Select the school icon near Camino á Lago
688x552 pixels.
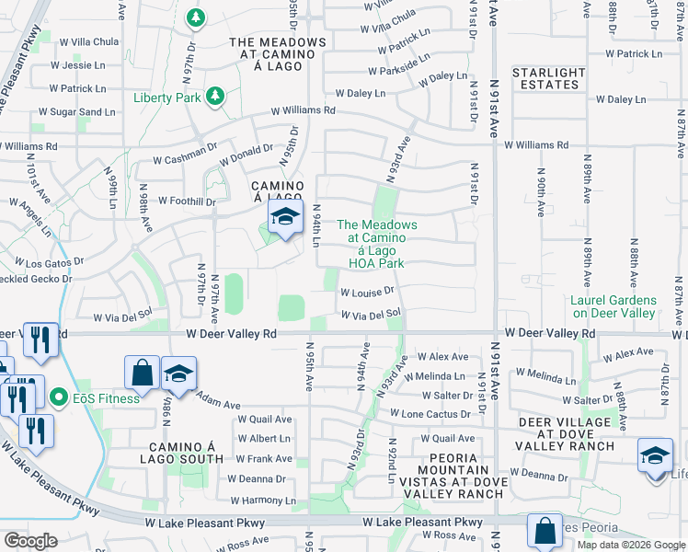[x=285, y=219]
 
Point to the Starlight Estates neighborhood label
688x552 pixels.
[x=548, y=78]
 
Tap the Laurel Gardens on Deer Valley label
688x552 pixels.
[x=613, y=306]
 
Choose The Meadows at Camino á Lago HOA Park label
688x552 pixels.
[x=377, y=244]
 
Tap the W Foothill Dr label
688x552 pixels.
[x=187, y=201]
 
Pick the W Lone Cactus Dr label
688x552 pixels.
[x=429, y=414]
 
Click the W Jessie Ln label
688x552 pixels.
[x=78, y=65]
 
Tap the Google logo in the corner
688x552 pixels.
[x=30, y=540]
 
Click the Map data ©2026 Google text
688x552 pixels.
[x=631, y=545]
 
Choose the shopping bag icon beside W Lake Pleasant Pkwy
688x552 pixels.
[x=544, y=530]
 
